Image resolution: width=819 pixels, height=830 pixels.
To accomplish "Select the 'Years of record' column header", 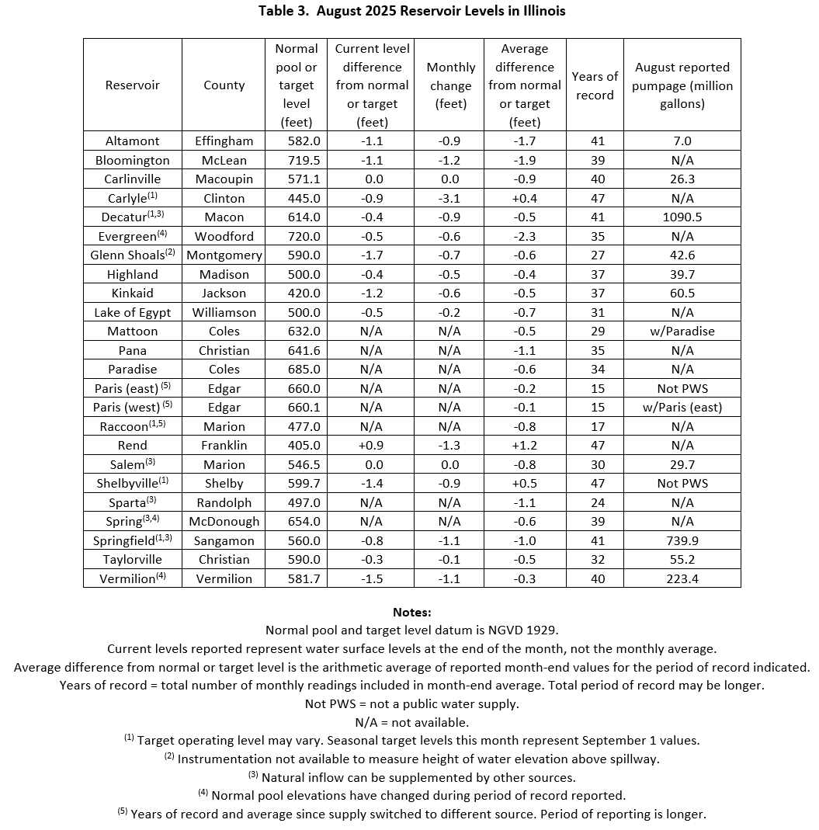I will click(595, 85).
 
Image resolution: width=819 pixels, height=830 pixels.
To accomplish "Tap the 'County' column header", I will click(224, 85).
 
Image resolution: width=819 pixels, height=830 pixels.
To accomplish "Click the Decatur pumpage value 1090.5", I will click(682, 217).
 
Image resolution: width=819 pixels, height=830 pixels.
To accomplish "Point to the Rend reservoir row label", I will click(133, 446).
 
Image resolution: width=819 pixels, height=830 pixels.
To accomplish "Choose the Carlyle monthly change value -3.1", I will click(450, 198).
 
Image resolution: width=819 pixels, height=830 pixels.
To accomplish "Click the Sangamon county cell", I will click(224, 540).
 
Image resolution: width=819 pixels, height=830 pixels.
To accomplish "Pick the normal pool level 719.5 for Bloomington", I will click(296, 160).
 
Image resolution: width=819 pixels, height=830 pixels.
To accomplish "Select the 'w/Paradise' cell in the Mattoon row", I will click(682, 332).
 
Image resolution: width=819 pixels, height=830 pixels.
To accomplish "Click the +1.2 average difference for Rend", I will click(525, 446).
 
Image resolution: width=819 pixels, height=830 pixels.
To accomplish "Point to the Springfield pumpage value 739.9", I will click(682, 540).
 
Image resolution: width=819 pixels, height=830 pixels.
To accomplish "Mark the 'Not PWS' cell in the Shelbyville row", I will click(682, 484).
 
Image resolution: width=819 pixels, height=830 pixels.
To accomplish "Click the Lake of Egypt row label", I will click(133, 312).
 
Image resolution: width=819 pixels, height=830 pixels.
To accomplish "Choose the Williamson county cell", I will click(224, 312).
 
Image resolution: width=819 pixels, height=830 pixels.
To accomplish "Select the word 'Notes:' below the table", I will click(411, 613).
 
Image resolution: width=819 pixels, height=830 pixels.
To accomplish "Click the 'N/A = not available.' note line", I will click(411, 722).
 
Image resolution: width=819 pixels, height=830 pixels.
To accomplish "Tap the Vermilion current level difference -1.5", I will click(373, 578).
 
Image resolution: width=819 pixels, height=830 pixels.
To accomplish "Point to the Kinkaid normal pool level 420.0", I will click(296, 293).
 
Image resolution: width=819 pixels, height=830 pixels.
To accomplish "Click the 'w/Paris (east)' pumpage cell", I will click(682, 408).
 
